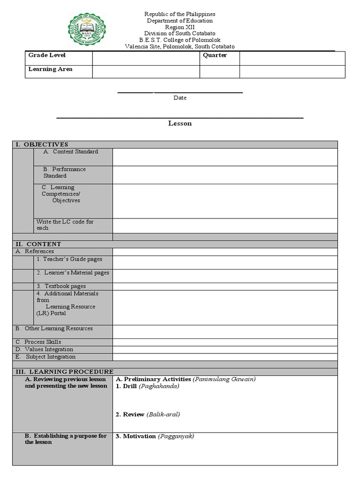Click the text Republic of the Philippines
(x=180, y=15)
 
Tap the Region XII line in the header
(x=180, y=27)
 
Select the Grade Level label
(x=47, y=55)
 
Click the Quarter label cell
(x=215, y=55)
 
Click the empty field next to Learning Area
(x=146, y=71)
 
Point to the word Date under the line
(x=180, y=98)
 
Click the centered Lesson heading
(x=180, y=124)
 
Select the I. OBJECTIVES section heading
(x=42, y=144)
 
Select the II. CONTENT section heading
(x=38, y=244)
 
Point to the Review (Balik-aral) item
(x=148, y=414)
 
